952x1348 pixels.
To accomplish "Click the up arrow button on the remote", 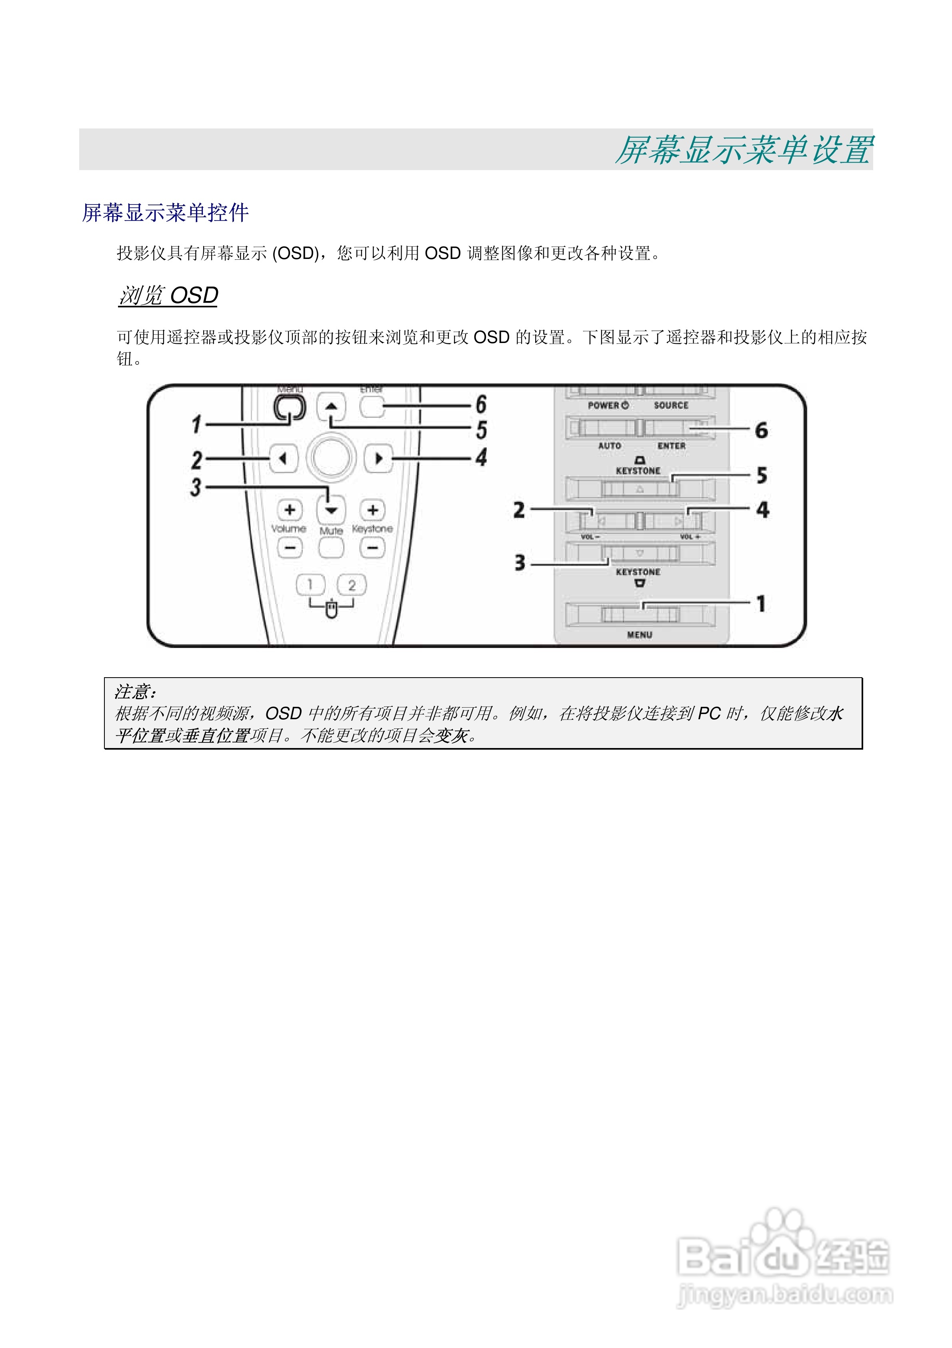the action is [332, 406].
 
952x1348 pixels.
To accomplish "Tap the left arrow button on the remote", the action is [284, 458].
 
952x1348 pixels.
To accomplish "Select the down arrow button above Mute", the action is [331, 510].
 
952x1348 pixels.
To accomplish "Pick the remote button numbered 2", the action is [352, 585].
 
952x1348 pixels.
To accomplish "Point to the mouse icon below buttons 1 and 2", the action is [332, 610].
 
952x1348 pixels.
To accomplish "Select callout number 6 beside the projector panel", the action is [761, 430].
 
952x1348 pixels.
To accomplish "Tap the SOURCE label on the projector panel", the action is [671, 405].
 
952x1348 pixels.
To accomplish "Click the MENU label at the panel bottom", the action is [639, 635].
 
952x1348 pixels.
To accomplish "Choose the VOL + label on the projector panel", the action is [690, 537].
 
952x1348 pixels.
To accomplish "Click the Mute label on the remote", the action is [331, 531].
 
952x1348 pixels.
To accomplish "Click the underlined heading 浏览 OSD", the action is [168, 295].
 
